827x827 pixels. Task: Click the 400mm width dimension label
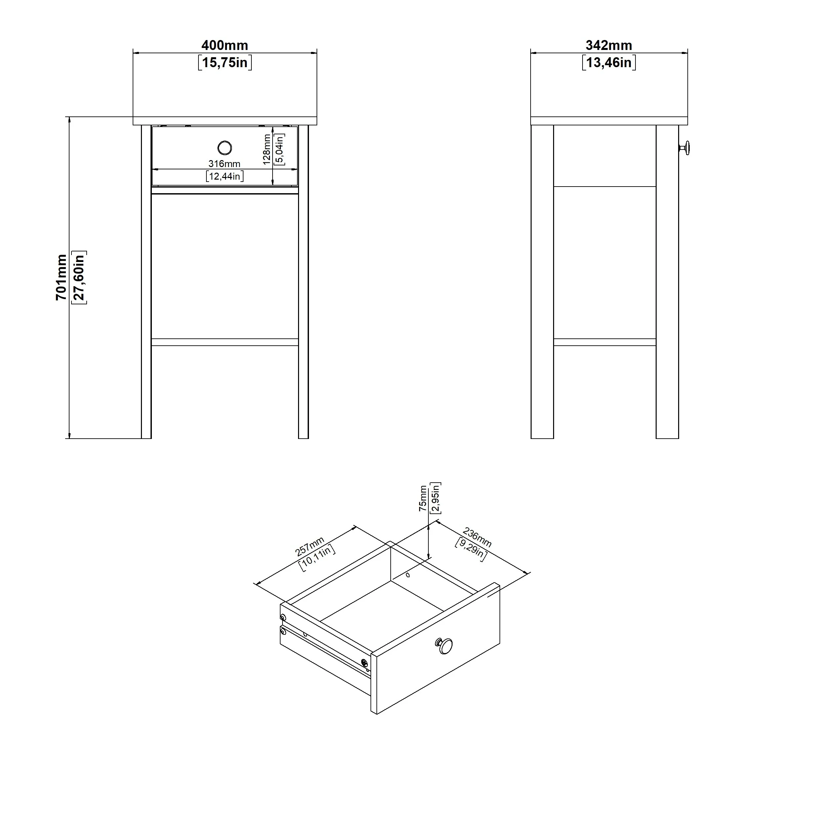coord(225,45)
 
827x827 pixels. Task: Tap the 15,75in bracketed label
coord(225,63)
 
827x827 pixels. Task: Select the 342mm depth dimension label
coord(609,45)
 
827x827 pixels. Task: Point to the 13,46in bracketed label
coord(609,63)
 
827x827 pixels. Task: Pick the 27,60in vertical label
coord(79,278)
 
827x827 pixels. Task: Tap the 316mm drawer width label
coord(224,163)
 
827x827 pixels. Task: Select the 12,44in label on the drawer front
coord(225,176)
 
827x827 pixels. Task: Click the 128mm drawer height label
coord(267,150)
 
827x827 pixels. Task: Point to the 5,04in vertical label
coord(279,150)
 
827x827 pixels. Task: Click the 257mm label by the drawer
coord(310,546)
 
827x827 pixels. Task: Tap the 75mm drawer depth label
coord(423,499)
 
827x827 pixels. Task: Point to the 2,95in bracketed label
coord(435,498)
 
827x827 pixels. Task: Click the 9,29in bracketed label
coord(471,549)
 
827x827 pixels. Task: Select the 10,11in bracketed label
coord(317,557)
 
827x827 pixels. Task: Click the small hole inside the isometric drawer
coord(408,575)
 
